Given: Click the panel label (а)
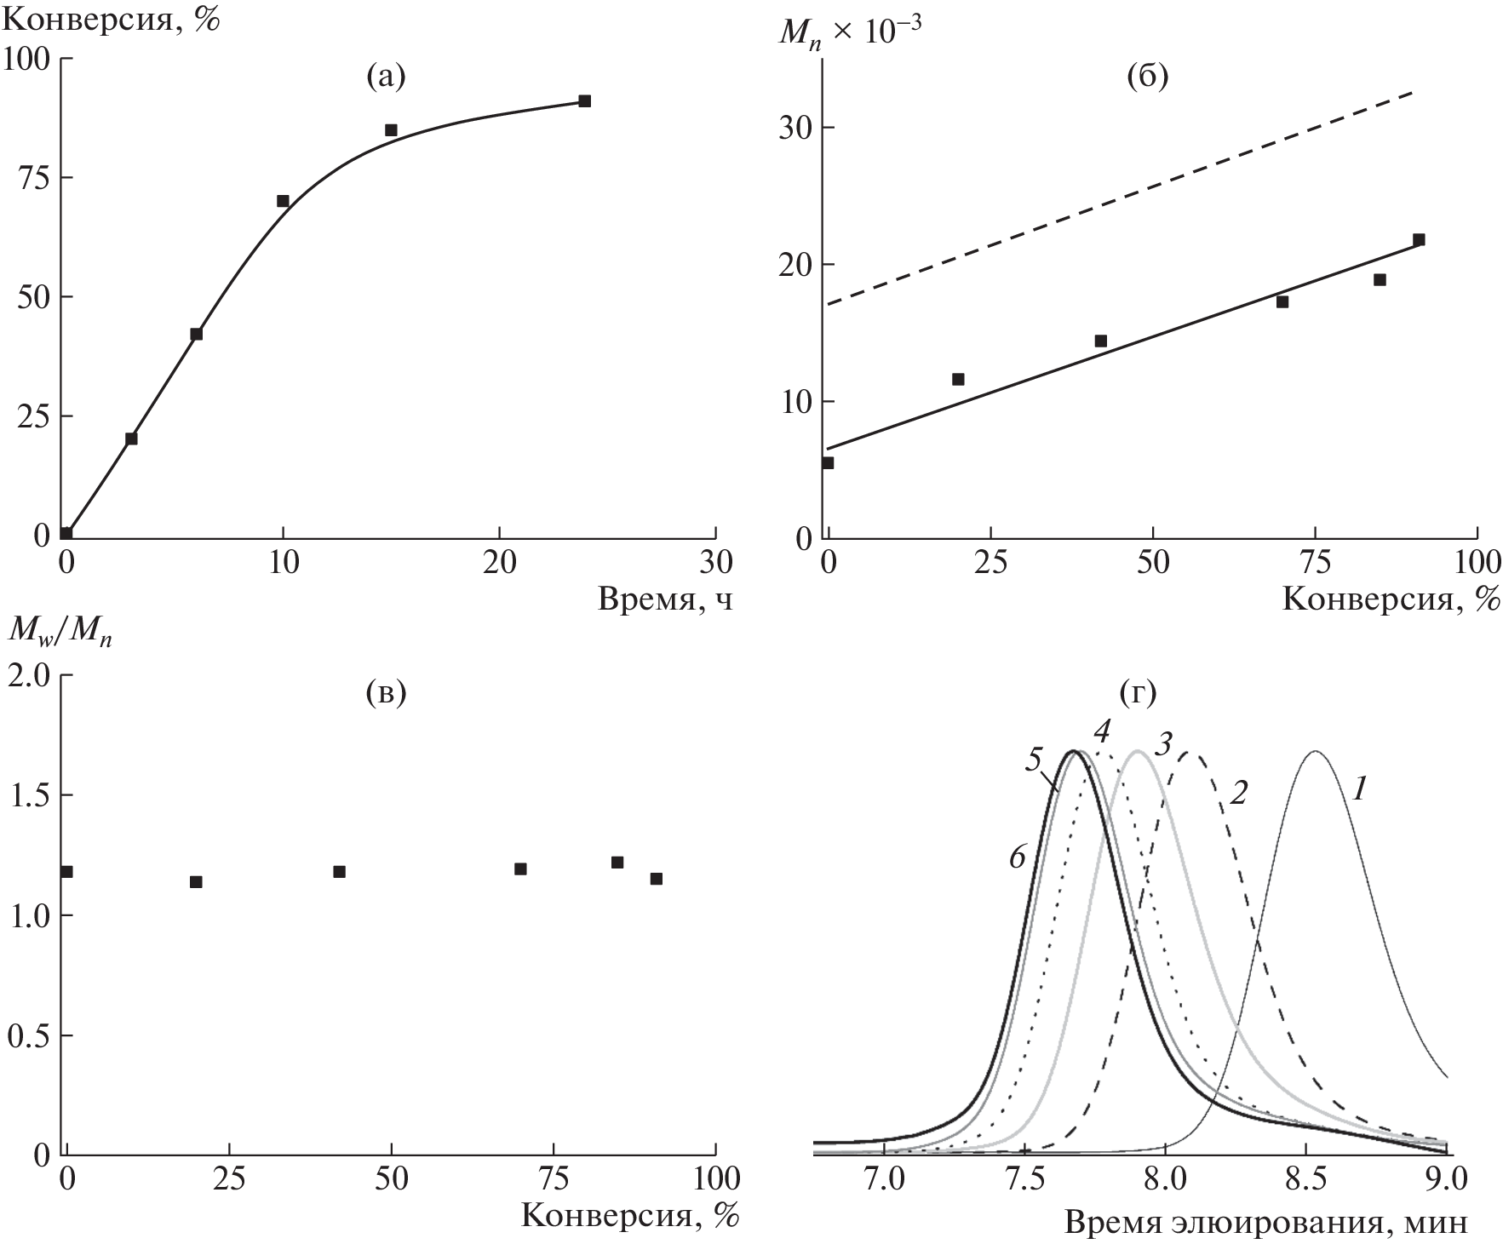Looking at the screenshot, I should pos(386,77).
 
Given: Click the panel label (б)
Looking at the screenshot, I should pos(1147,77).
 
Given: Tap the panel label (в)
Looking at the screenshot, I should pos(386,694).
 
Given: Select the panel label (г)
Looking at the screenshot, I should pos(1139,694).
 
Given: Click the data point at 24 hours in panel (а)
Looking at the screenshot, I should pos(584,100).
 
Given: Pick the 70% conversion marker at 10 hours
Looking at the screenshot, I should pos(283,201).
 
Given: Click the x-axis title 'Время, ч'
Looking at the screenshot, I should pos(665,600).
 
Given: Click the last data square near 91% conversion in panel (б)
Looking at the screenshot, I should pos(1419,240).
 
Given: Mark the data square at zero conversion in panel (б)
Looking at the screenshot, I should pos(827,462).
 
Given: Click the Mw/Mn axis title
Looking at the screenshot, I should pos(60,630).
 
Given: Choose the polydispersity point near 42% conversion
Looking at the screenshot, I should pos(339,871).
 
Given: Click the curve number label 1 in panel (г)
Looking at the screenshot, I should pos(1359,791).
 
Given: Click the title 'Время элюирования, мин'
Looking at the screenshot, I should pos(1266,1224).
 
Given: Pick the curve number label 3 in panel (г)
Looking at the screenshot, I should pos(1166,743).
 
